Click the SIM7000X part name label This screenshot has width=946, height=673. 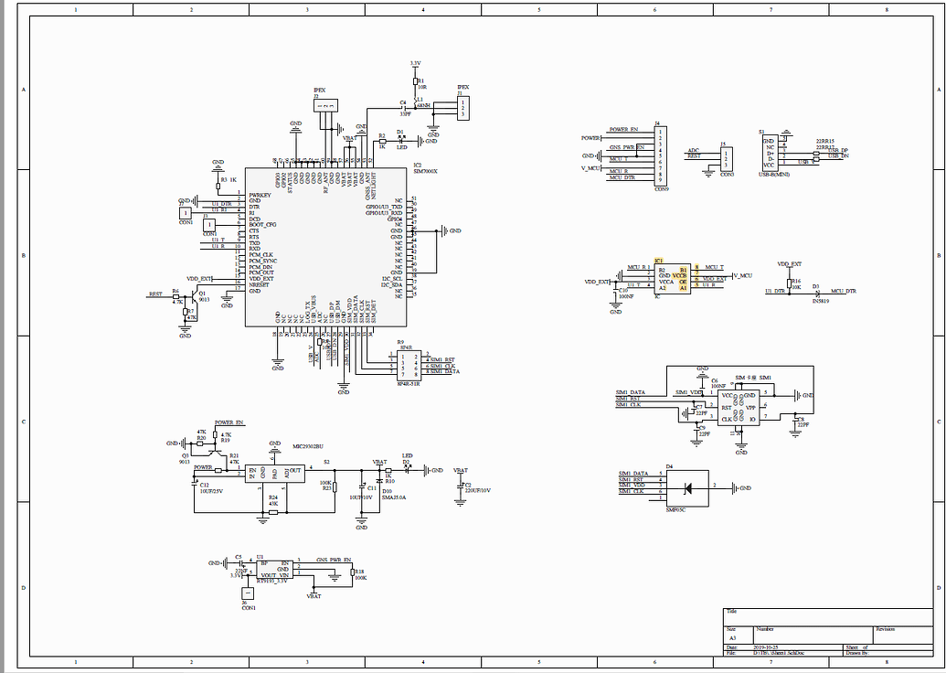coord(425,171)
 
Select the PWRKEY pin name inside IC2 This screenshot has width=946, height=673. coord(260,195)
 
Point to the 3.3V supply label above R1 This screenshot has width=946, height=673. coord(415,63)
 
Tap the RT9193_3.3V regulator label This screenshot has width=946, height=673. coord(271,581)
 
